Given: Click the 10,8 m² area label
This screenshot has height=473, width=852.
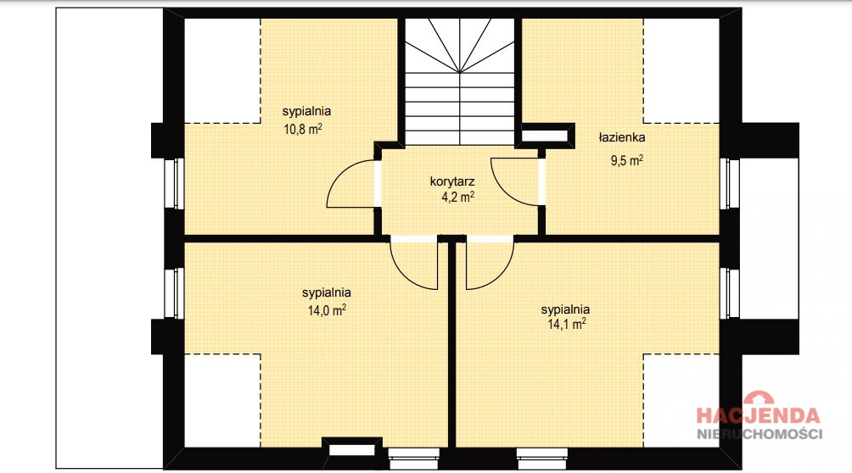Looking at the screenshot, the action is (303, 129).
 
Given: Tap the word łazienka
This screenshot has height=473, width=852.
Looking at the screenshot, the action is (622, 137).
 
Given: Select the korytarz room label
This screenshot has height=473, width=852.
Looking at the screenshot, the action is (452, 181).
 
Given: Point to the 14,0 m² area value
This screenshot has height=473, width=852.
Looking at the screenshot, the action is (327, 310).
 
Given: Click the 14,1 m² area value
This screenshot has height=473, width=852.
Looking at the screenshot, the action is (566, 324).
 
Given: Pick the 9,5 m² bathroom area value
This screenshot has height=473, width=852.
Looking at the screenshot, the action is (627, 161).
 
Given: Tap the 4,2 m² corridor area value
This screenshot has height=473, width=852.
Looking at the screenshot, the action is (457, 197).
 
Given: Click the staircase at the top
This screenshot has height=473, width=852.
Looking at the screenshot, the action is (460, 81).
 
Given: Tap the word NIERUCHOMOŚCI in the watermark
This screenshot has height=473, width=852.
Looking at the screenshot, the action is (760, 434).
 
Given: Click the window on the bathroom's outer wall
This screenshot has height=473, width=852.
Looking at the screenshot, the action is (729, 184).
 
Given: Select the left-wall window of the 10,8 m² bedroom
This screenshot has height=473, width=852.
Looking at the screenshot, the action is (175, 184).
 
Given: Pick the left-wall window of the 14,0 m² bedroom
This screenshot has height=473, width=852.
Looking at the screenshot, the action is (175, 293).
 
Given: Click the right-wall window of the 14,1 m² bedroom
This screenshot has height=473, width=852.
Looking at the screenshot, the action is (729, 293).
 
